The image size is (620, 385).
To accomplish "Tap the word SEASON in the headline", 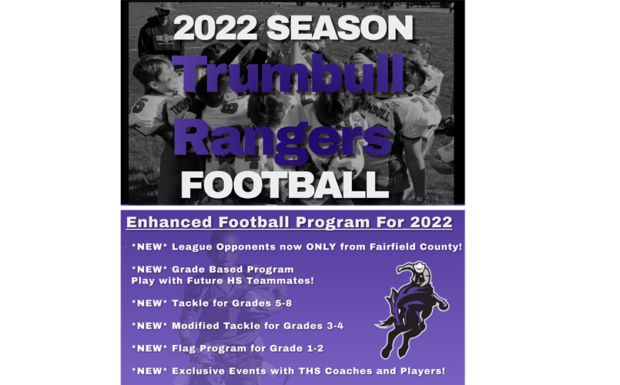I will tap(338, 28).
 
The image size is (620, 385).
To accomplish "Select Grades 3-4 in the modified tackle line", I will tap(314, 326).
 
